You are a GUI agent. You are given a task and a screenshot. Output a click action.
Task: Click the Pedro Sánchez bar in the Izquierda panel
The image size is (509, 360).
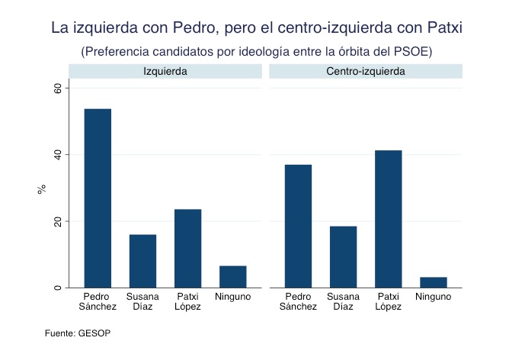coord(98,198)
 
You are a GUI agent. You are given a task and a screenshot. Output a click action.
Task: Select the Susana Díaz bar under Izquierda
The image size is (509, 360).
coord(142,261)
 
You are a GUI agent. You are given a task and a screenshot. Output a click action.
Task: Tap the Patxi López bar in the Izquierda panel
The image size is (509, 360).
coord(187,248)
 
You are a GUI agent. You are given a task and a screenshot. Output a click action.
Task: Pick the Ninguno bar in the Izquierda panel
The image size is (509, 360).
coord(232,277)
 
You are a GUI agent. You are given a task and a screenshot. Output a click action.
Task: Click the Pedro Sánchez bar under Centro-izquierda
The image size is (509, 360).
coord(298,226)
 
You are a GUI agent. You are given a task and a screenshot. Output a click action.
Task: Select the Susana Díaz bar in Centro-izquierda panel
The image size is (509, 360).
coord(343,257)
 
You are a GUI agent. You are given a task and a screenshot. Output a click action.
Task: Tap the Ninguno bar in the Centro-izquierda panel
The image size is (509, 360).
coord(433,282)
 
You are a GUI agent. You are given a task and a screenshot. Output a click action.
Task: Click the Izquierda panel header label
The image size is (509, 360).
coord(165,71)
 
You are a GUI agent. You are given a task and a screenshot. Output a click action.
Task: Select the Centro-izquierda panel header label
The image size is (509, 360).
coord(366,71)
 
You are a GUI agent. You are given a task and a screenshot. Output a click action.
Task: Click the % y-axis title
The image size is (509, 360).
coord(42,188)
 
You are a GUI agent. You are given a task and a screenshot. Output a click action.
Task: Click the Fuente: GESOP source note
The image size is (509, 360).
coord(78,333)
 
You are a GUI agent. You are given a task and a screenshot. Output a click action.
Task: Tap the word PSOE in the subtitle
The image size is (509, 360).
coord(411,52)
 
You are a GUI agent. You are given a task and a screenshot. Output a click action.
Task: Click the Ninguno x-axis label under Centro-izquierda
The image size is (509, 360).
coord(433,297)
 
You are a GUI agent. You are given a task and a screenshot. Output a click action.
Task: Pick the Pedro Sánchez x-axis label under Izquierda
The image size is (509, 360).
coord(98,301)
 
